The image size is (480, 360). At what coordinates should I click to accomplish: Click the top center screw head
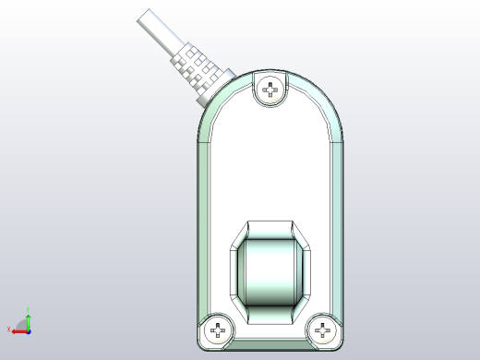270,90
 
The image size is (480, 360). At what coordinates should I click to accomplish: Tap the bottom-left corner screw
217,330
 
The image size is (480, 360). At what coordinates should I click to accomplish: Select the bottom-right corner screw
323,330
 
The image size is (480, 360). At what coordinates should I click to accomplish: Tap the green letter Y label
28,309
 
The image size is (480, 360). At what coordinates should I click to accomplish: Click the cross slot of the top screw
270,90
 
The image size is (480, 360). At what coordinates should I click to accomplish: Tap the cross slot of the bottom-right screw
323,330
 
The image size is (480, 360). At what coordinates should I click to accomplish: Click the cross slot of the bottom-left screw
217,330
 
